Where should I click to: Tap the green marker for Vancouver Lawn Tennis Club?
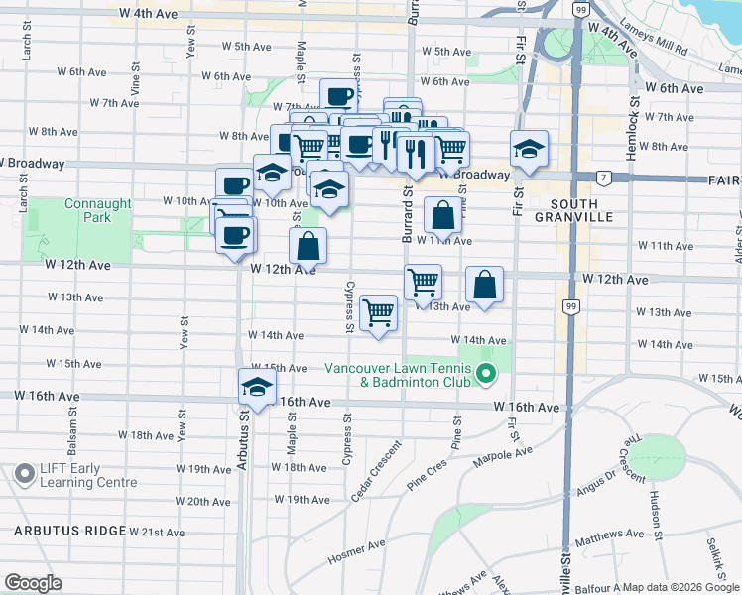pyautogui.click(x=485, y=374)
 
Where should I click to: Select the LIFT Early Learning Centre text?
pyautogui.click(x=88, y=475)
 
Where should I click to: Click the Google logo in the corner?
pyautogui.click(x=33, y=583)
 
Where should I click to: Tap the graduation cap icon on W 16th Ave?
pyautogui.click(x=257, y=387)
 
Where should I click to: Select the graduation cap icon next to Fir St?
pyautogui.click(x=530, y=149)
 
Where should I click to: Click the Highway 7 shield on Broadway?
pyautogui.click(x=603, y=178)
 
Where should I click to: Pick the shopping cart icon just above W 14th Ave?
pyautogui.click(x=379, y=313)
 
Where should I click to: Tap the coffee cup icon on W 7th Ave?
pyautogui.click(x=338, y=97)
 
